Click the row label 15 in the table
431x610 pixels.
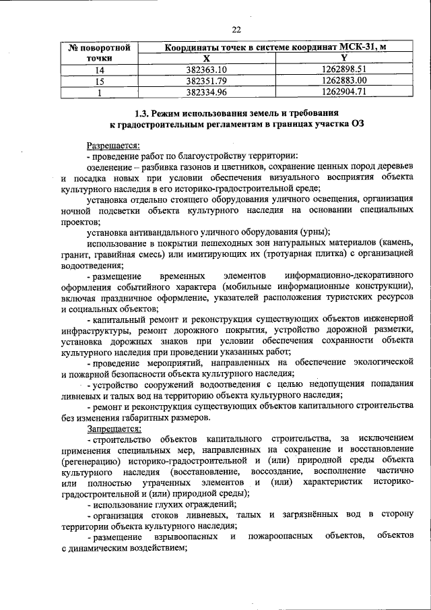point(100,81)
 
